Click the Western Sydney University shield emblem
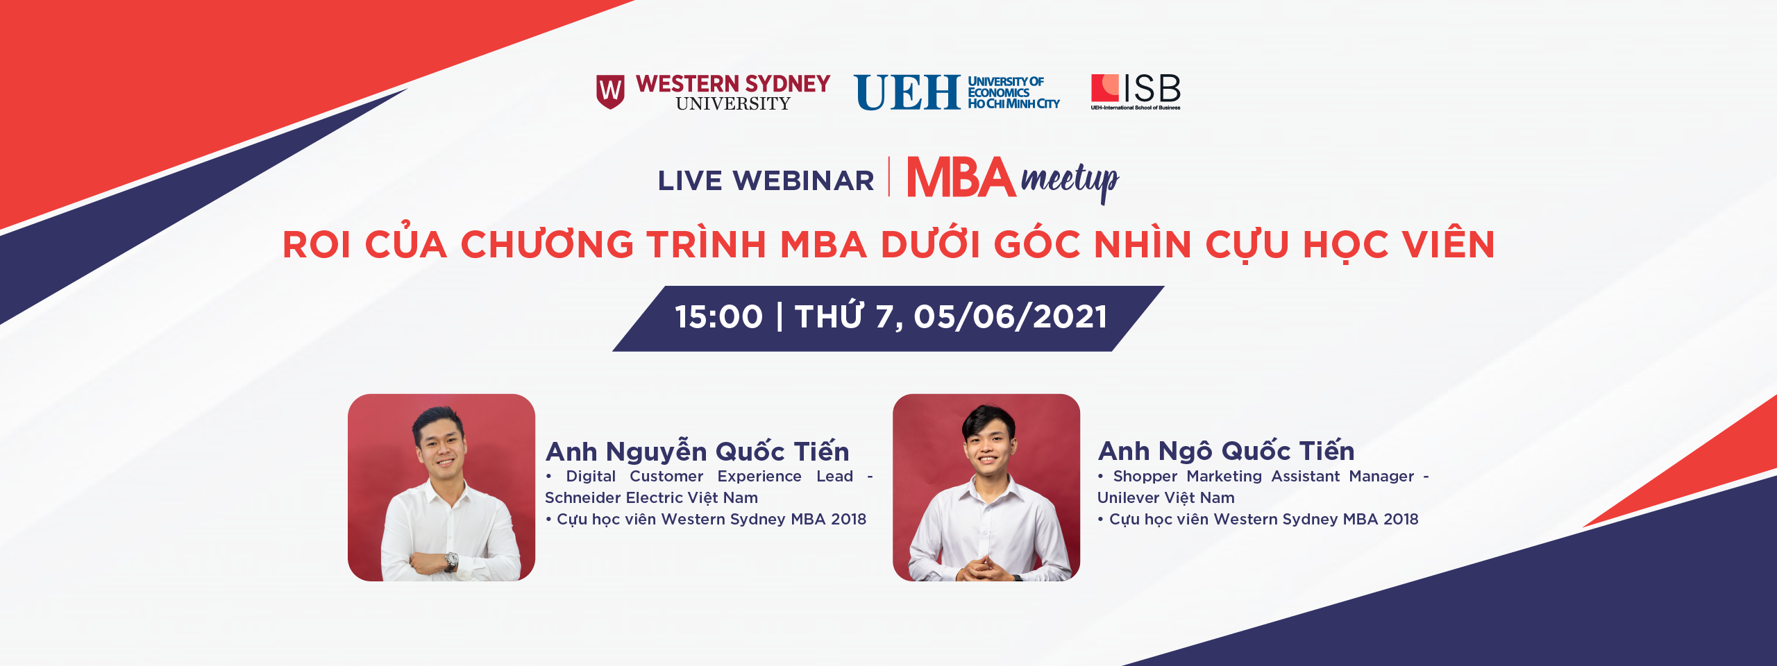(x=610, y=92)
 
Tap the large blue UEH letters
(x=907, y=93)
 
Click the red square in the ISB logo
(x=1104, y=88)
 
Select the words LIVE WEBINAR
(x=766, y=181)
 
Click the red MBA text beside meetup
(x=961, y=178)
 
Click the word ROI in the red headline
(x=317, y=245)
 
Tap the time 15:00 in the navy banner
(x=719, y=317)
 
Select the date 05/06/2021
(x=1011, y=317)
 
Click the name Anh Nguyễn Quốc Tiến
(x=697, y=451)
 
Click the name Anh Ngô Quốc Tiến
(x=1226, y=451)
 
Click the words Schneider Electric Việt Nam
(x=651, y=497)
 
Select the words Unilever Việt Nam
(x=1166, y=497)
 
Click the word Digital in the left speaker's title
(x=591, y=477)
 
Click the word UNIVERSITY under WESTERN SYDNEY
(x=733, y=103)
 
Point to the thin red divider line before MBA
(x=889, y=177)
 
